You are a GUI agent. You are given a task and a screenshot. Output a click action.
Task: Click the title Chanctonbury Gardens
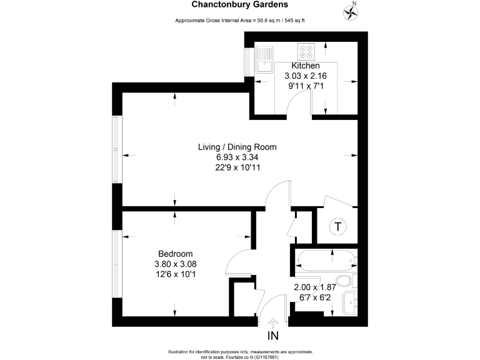click(x=240, y=5)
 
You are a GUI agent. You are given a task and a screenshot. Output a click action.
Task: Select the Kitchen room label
click(x=306, y=66)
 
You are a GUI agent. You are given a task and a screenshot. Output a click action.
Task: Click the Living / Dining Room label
click(x=237, y=147)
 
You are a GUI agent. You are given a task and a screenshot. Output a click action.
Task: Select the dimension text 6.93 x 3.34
click(x=237, y=157)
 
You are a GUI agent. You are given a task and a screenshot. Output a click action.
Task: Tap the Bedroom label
click(x=175, y=254)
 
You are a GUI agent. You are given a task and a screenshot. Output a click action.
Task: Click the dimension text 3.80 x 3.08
click(x=175, y=264)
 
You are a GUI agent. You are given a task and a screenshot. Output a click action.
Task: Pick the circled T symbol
click(x=338, y=226)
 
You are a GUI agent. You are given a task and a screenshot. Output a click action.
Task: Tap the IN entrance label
click(x=273, y=336)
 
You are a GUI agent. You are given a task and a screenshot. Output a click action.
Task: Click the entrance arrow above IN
click(x=273, y=322)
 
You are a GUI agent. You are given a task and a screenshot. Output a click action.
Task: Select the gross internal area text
click(x=240, y=21)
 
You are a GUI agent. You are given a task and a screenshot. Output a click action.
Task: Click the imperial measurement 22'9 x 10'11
click(x=237, y=167)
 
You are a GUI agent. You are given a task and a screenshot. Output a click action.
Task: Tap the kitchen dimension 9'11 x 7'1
click(x=306, y=86)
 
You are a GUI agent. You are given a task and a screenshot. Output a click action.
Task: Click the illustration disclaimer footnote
click(x=240, y=353)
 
